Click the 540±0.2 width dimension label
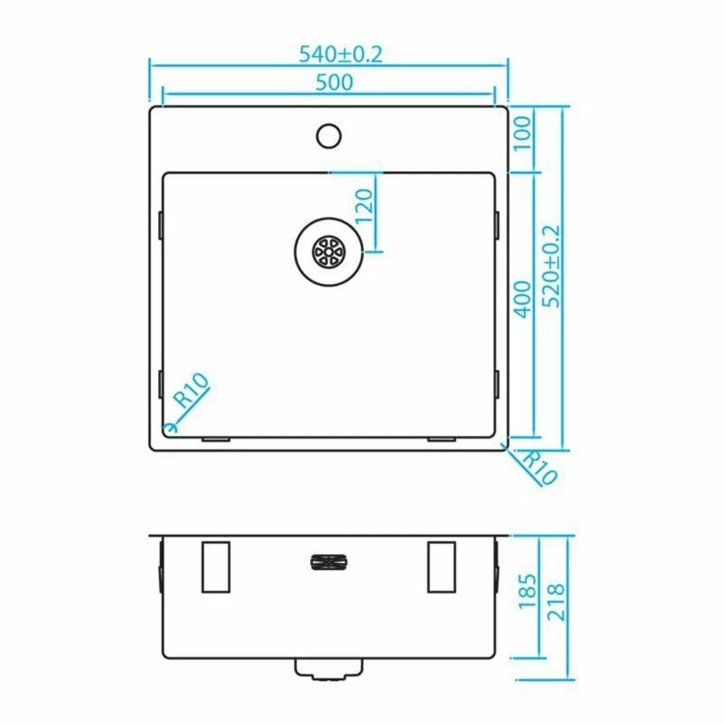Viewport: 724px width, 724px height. click(341, 54)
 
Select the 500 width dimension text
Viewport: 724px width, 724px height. click(334, 83)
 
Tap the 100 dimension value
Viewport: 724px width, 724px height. click(522, 133)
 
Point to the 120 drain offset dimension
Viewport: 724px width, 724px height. click(364, 206)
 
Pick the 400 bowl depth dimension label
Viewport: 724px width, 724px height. click(523, 299)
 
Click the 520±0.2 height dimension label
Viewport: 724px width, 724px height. click(551, 266)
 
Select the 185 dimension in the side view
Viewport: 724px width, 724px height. click(527, 591)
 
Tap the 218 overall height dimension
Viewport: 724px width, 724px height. click(555, 602)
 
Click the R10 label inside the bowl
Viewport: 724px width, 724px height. click(190, 390)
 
